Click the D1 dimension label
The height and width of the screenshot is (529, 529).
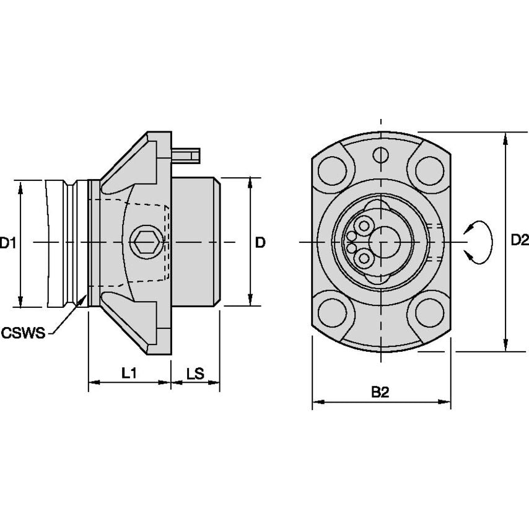(x=8, y=243)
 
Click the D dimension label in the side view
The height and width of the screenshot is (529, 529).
(x=260, y=243)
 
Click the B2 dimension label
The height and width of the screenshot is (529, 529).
(x=380, y=392)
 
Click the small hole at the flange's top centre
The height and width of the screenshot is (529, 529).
(x=380, y=154)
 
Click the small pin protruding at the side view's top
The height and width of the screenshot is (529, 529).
(x=187, y=154)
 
